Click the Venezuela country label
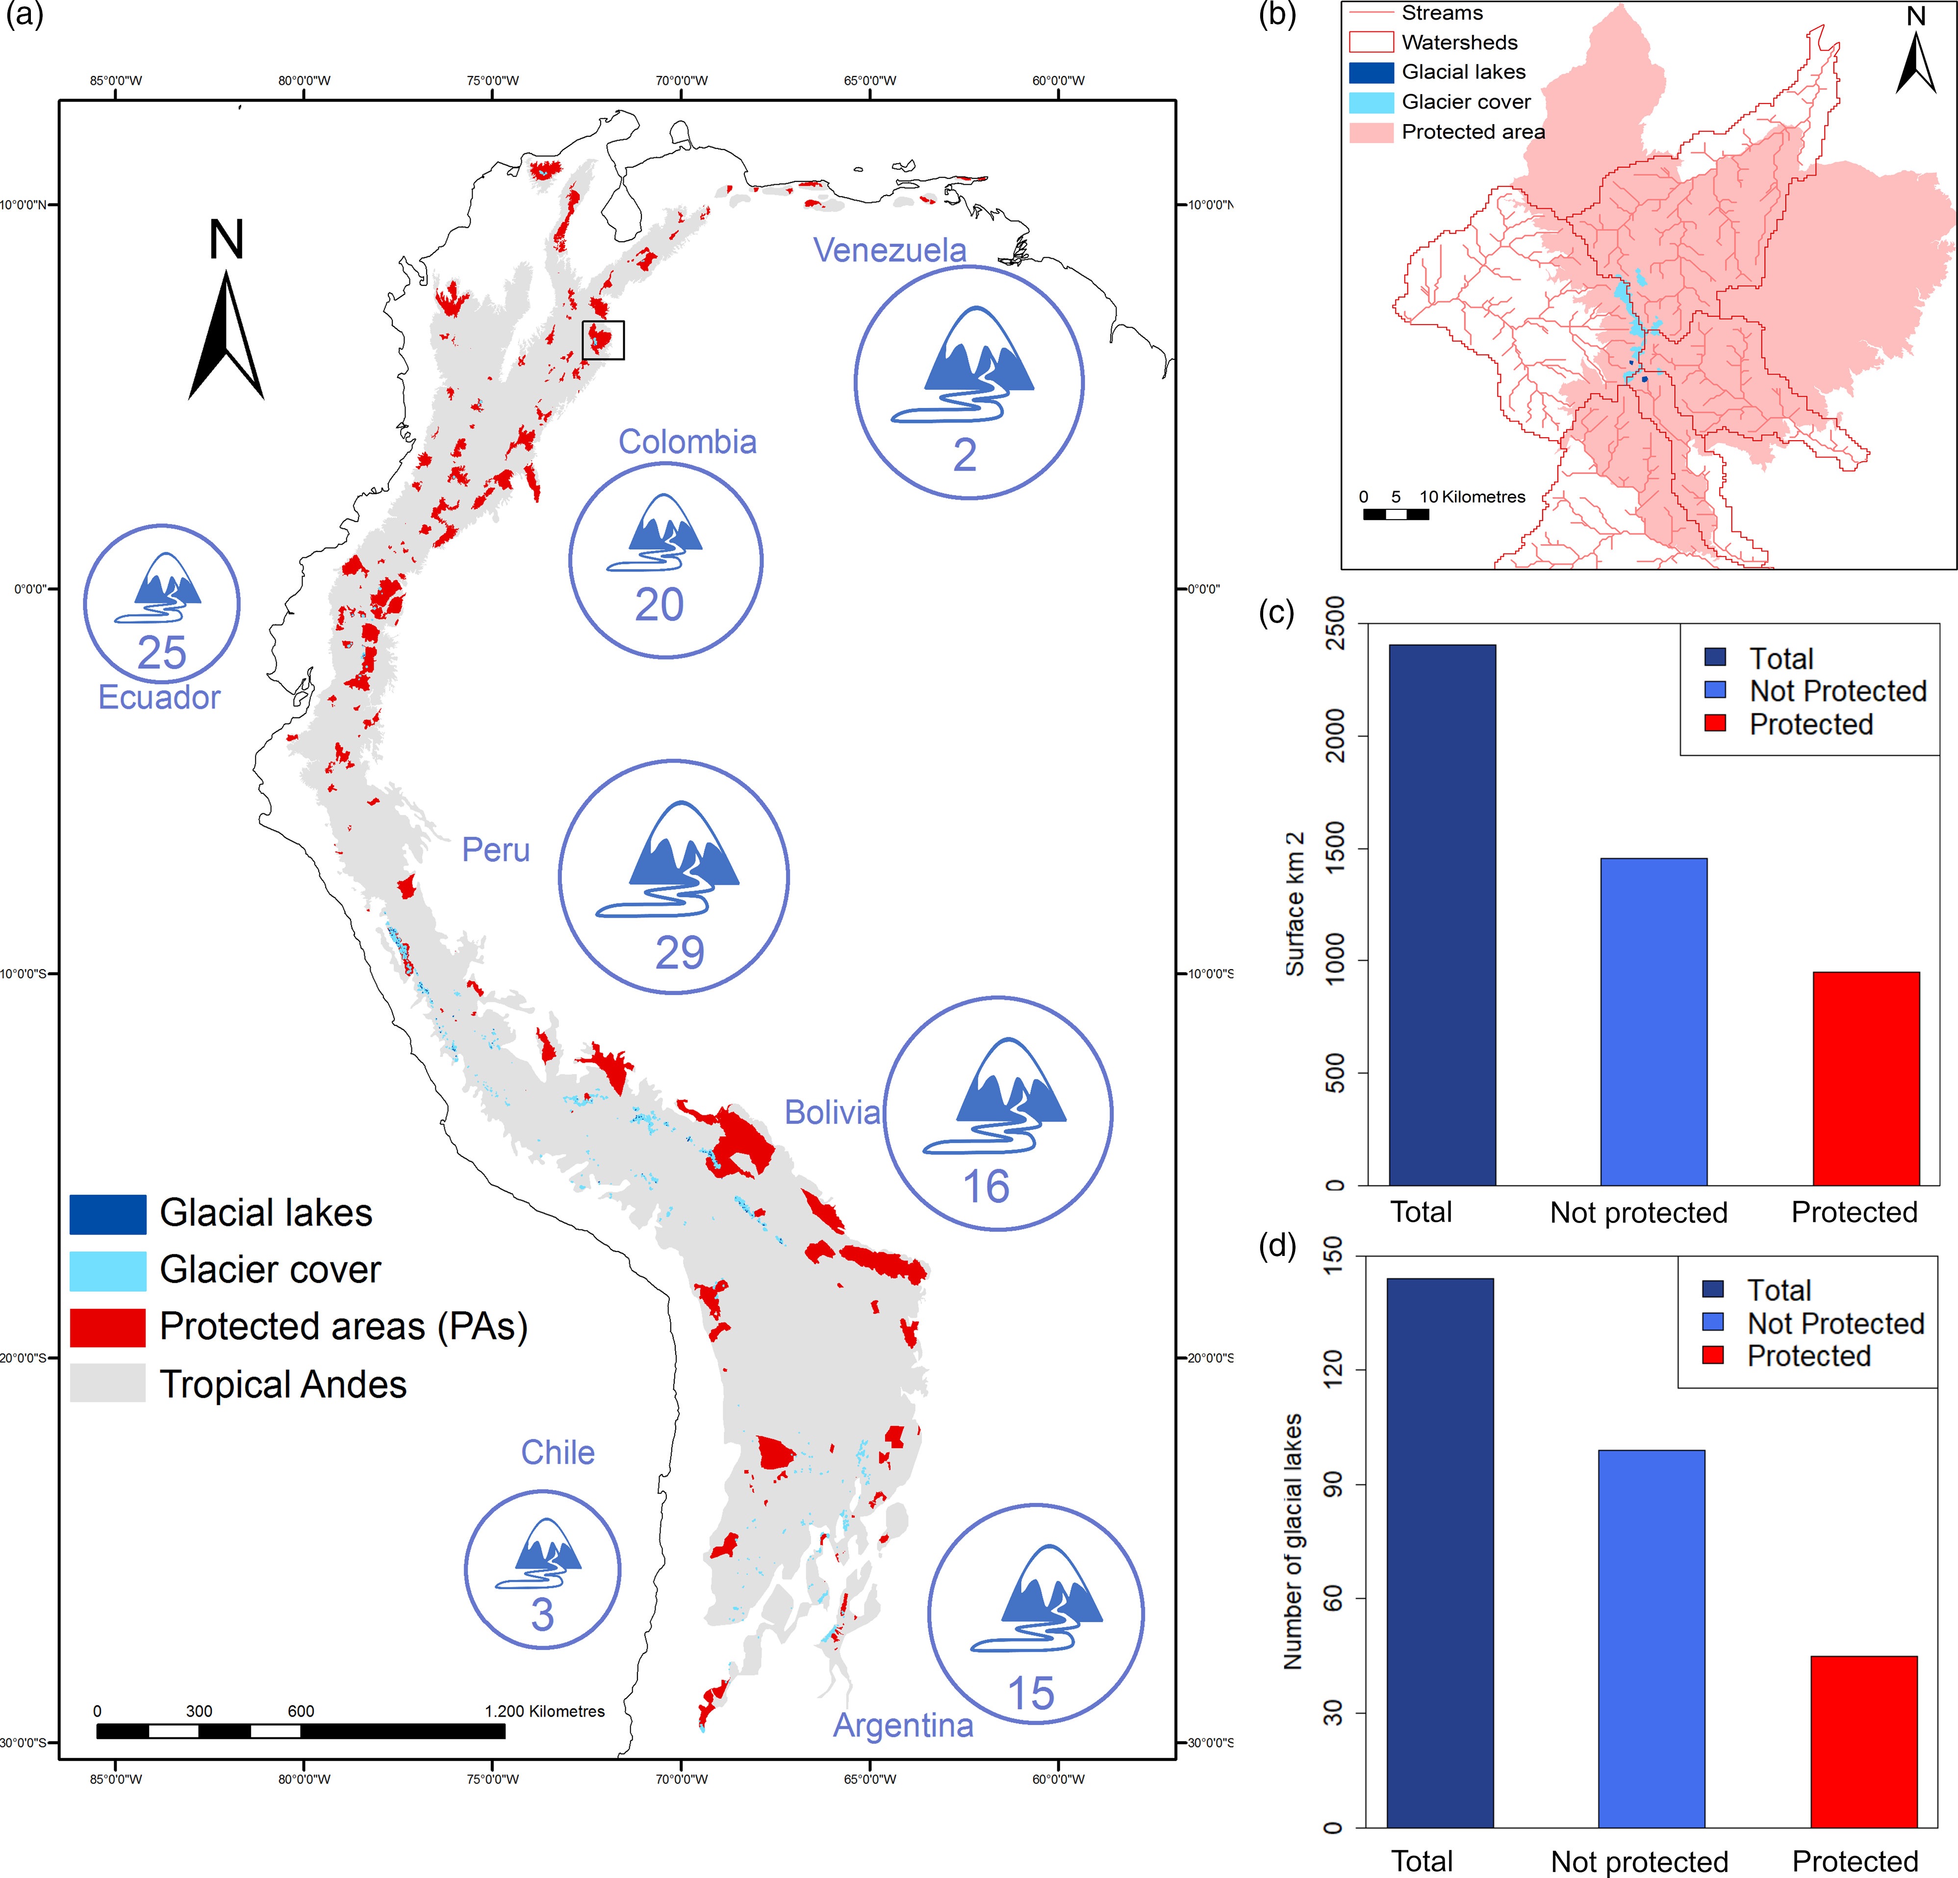889,250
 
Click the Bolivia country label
832,1112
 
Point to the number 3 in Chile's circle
542,1614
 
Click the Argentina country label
903,1725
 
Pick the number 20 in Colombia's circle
660,604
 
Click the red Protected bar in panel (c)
1865,1079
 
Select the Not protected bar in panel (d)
1652,1638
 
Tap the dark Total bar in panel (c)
1442,914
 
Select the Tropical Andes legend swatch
108,1383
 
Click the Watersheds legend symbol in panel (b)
1371,42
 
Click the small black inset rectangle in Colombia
603,340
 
